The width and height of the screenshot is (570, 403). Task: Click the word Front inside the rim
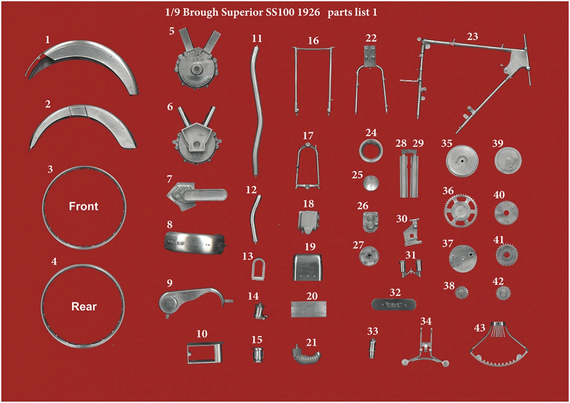[x=84, y=206]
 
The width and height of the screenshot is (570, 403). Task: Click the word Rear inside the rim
[x=84, y=307]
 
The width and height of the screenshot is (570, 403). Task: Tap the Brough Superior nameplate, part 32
[x=394, y=305]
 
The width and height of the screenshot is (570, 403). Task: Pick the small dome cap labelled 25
[x=371, y=183]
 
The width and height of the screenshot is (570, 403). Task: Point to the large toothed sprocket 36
[x=461, y=211]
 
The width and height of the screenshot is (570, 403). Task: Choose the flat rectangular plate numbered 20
[x=308, y=309]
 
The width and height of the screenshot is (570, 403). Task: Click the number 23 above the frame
[x=473, y=37]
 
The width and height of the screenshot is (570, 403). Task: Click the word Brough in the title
[x=200, y=13]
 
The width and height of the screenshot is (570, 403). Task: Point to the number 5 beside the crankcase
[x=172, y=31]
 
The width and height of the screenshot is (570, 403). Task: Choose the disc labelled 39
[x=508, y=161]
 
